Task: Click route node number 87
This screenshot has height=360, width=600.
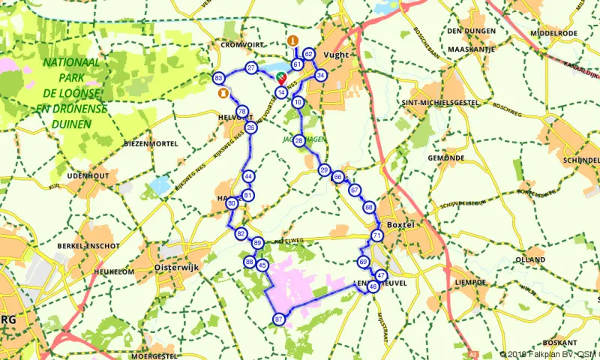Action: coord(279,319)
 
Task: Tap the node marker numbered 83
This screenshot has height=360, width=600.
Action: coord(218,78)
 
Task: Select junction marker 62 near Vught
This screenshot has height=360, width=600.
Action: coord(307,54)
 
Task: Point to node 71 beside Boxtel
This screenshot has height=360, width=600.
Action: coord(376,235)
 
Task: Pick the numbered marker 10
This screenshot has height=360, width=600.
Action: coord(298,102)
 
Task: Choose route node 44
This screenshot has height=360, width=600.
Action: coord(248,176)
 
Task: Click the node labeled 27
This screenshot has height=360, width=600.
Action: coord(251,68)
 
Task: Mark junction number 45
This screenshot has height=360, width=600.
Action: coord(262,265)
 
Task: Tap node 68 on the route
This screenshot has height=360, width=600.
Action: coord(368,206)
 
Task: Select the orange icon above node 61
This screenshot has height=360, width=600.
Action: coord(293,40)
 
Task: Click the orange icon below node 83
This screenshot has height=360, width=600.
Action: coord(222,94)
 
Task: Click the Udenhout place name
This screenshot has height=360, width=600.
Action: coord(83,175)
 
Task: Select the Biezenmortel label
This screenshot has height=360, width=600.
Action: coord(150,142)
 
